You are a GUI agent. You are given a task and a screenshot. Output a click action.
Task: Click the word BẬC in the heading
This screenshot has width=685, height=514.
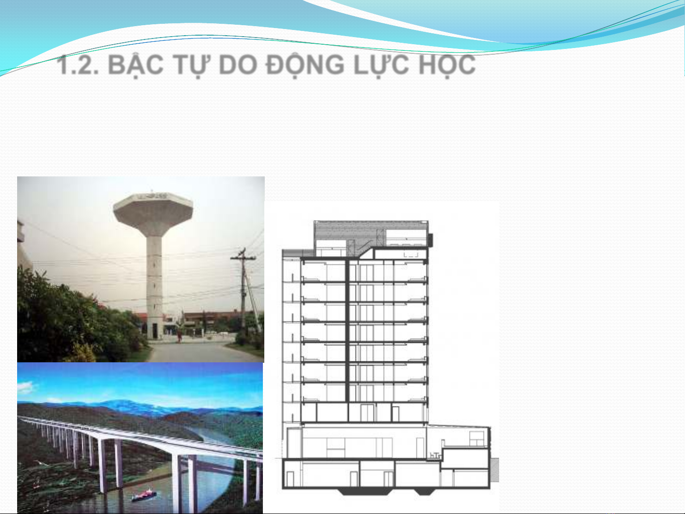click(x=136, y=66)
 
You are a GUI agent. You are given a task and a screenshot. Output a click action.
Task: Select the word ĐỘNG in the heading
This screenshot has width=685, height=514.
click(x=305, y=65)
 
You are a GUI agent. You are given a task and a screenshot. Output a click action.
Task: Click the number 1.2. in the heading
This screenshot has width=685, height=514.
click(x=77, y=65)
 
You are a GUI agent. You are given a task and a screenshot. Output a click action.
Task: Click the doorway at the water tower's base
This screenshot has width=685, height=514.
click(x=155, y=331)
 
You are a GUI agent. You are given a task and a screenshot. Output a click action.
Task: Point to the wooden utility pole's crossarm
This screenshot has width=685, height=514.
click(x=243, y=258)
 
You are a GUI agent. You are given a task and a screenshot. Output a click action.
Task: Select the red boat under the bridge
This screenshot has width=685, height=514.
click(x=144, y=495)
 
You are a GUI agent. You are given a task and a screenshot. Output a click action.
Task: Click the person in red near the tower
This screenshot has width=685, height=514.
click(x=179, y=337)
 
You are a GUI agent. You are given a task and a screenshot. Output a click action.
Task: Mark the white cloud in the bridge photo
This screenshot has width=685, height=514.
click(x=26, y=387)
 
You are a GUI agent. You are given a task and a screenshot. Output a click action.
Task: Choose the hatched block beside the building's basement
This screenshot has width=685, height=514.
click(x=494, y=470)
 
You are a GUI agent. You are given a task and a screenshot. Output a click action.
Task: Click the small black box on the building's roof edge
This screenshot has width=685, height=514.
click(x=430, y=240)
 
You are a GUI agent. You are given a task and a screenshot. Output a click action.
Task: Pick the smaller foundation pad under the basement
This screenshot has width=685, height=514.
click(x=425, y=492)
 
